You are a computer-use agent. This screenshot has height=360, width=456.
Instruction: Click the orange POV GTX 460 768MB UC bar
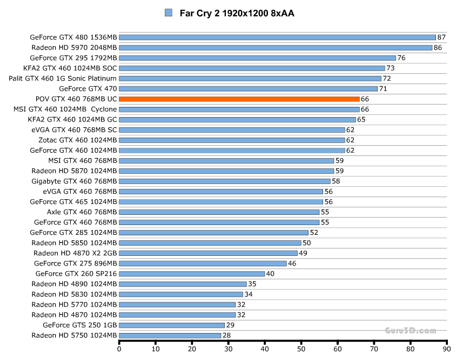(x=239, y=99)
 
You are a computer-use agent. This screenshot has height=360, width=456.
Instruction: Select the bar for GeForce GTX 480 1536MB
(x=277, y=37)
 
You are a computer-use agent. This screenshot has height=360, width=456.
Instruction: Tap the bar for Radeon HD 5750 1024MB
(x=170, y=335)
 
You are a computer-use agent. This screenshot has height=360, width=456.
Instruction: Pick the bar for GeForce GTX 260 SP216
(x=192, y=274)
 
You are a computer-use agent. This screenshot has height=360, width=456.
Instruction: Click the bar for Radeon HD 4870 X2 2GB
(x=208, y=253)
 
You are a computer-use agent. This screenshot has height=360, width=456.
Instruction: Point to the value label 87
(x=441, y=37)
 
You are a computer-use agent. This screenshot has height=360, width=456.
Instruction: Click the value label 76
(x=401, y=58)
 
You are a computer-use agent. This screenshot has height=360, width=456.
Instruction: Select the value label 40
(x=270, y=274)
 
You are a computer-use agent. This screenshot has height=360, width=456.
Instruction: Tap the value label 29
(x=230, y=325)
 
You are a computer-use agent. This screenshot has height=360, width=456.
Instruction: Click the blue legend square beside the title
(x=169, y=12)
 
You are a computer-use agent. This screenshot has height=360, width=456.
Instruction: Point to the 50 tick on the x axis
(x=301, y=349)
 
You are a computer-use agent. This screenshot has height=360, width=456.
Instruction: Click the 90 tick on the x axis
(x=447, y=349)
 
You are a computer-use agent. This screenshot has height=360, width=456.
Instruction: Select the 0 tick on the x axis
(x=119, y=349)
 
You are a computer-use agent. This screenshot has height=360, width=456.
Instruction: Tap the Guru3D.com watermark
(x=410, y=330)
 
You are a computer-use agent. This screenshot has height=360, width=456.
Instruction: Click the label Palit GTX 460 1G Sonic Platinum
(x=63, y=78)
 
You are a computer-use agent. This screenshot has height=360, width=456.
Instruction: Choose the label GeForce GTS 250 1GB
(x=79, y=325)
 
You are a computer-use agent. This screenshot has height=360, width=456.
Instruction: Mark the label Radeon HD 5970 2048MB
(x=74, y=47)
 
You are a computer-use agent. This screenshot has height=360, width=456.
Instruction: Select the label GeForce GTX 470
(x=88, y=89)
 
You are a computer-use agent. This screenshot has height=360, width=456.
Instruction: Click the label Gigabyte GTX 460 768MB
(x=74, y=181)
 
